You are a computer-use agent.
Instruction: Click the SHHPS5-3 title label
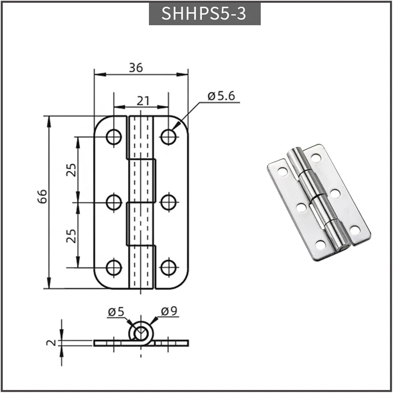click(204, 13)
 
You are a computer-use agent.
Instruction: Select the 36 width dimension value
click(136, 68)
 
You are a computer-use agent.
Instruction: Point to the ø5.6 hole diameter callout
click(221, 96)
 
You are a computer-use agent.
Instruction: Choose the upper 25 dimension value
click(71, 170)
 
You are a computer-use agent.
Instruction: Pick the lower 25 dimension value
click(71, 236)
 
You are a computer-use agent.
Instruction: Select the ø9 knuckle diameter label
click(169, 311)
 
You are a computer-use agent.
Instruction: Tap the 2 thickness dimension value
click(52, 343)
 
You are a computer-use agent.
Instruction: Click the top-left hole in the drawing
click(114, 137)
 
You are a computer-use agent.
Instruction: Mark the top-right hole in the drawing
click(168, 137)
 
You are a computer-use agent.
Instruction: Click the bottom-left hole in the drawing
click(114, 268)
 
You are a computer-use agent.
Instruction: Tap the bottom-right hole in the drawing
click(168, 268)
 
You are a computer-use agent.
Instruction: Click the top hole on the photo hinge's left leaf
click(282, 172)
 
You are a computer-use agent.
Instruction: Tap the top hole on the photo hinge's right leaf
click(316, 157)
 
